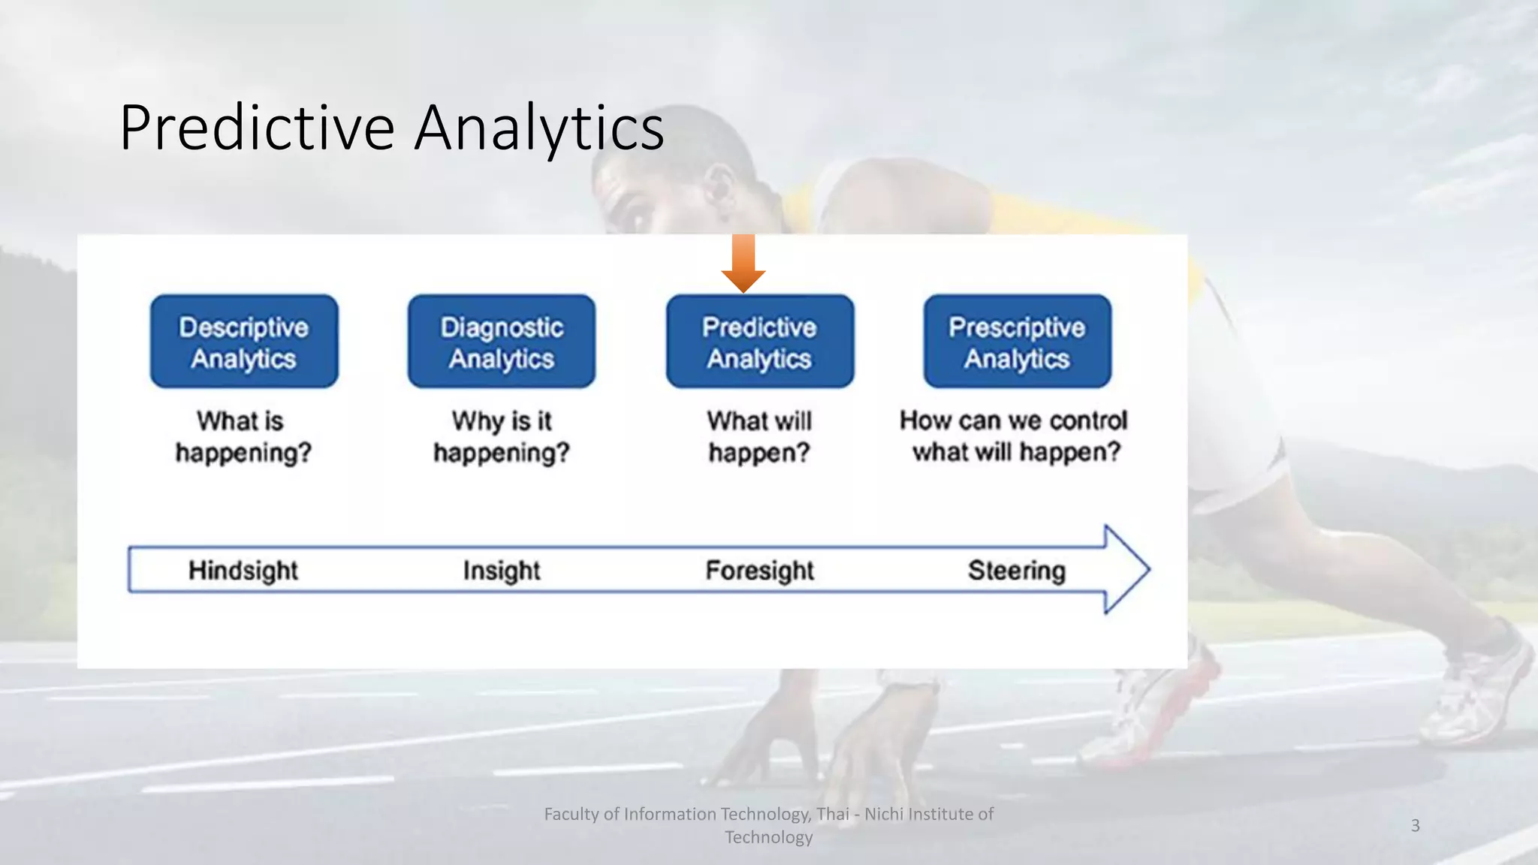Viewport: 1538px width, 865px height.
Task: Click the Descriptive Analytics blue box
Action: (244, 342)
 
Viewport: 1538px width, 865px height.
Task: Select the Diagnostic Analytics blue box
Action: (502, 342)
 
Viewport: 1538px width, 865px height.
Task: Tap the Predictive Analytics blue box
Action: (759, 342)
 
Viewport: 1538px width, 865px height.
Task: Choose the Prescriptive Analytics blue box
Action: (1017, 342)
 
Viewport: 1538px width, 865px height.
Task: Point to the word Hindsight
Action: (243, 571)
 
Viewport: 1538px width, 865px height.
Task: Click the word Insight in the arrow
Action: (501, 571)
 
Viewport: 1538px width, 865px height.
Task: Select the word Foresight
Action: (759, 571)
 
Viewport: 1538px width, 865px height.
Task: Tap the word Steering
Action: (1016, 571)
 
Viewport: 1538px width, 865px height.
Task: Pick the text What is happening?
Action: (243, 437)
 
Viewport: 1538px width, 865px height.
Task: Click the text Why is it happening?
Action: (502, 437)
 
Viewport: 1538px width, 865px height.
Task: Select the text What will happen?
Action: (759, 437)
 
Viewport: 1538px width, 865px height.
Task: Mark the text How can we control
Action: (1013, 420)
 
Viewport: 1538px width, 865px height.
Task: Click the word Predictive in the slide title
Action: (257, 128)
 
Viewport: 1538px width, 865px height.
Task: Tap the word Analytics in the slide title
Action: (538, 128)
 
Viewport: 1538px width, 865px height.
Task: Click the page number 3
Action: (1415, 825)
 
